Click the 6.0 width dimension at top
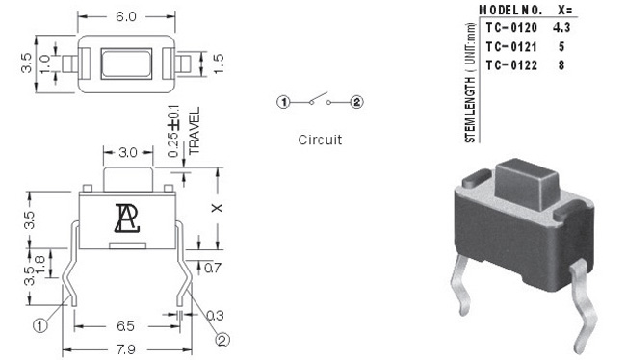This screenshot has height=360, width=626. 126,16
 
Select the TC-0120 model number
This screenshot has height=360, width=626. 511,28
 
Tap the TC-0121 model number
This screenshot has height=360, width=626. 511,47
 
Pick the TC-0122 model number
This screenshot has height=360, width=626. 511,65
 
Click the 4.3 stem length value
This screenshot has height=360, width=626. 561,28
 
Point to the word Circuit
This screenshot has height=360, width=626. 320,140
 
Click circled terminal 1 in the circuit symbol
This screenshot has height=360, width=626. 283,103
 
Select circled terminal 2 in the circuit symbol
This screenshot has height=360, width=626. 356,103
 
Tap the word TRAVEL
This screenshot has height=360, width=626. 194,131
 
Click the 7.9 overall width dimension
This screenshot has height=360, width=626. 126,350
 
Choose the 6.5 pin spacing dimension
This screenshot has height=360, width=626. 125,326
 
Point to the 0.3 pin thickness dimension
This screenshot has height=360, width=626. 215,316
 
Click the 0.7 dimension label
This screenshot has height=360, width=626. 213,268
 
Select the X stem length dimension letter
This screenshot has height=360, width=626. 218,208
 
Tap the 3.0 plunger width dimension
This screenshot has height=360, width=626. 128,152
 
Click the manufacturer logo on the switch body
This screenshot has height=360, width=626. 127,219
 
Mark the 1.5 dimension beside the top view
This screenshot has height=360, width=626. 219,64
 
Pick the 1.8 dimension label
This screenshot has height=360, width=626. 40,265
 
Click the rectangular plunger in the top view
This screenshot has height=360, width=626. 126,64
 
